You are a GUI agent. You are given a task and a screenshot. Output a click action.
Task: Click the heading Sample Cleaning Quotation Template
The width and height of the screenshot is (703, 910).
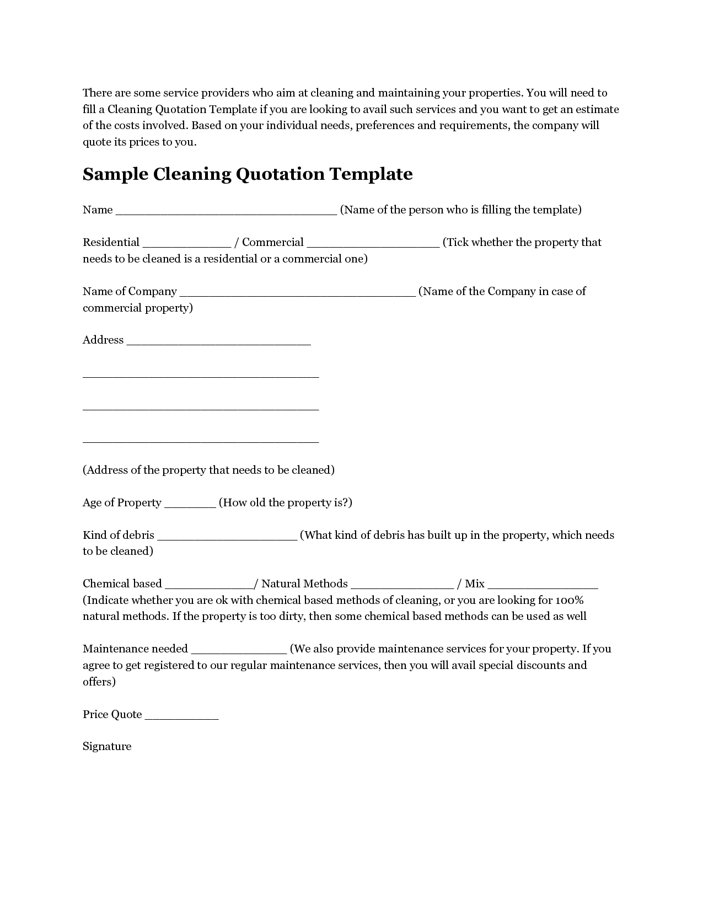(x=248, y=174)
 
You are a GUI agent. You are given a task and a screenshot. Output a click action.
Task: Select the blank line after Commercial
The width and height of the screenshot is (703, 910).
(x=373, y=244)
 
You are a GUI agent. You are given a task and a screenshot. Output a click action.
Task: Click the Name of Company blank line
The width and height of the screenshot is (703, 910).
(x=298, y=293)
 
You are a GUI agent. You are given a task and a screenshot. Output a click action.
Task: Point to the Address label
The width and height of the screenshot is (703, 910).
(x=103, y=340)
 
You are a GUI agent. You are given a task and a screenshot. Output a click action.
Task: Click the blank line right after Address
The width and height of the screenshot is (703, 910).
(x=219, y=342)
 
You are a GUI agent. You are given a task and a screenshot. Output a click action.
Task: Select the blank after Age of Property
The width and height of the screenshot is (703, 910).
(x=190, y=505)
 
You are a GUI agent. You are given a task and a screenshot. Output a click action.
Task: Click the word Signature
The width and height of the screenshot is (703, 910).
(x=107, y=747)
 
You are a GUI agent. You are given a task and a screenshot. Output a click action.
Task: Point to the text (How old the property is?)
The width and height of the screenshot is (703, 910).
(x=286, y=502)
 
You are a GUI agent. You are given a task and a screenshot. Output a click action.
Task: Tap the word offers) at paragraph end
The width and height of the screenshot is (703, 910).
(x=99, y=682)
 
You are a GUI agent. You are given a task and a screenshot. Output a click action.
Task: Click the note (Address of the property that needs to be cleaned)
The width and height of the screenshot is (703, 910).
(x=208, y=470)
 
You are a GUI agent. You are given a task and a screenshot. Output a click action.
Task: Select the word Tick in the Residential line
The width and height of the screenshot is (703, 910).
(x=457, y=243)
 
